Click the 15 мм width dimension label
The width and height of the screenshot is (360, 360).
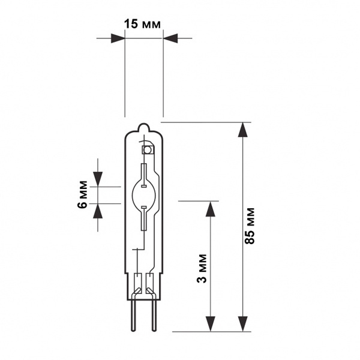point(142,24)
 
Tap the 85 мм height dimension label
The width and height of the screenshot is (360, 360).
point(250,226)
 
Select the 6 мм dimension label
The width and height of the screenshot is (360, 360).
point(82,194)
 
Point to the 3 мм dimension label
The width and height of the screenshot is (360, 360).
point(202,268)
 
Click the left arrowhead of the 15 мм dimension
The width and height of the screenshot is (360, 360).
point(118,38)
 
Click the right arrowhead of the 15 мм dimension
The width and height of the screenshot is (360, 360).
point(170,38)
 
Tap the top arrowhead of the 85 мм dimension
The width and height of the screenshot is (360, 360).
point(242,130)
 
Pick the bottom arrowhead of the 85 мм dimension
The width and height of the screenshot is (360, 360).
point(242,324)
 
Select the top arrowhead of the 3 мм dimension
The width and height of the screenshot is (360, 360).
point(211,209)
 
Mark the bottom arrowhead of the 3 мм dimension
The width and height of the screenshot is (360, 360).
point(211,324)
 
